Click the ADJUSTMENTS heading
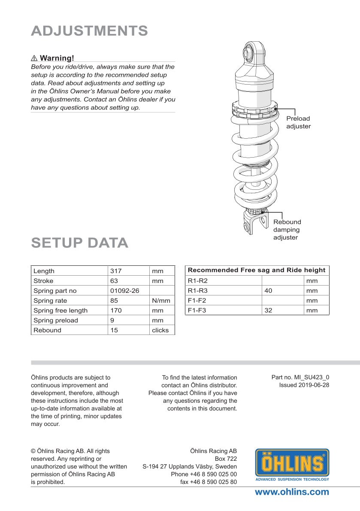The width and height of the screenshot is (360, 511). point(90,31)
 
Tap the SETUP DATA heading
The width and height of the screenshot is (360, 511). point(80,243)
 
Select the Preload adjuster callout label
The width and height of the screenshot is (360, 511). point(298,122)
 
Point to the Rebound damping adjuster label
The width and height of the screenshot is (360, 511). point(287,230)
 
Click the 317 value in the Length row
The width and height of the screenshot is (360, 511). point(116,271)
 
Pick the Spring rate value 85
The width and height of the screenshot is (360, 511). point(115,301)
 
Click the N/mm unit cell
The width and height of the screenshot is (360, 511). point(161,301)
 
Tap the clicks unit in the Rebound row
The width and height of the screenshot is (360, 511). point(160,330)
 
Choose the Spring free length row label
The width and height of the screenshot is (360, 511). point(61,310)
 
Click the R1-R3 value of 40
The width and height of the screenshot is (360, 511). point(268,291)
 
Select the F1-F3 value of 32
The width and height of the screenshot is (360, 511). point(268,310)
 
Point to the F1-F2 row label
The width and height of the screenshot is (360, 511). point(197,301)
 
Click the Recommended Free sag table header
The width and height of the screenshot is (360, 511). point(257,270)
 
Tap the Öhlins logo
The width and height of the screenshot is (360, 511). point(292,464)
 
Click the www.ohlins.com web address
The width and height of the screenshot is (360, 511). point(292,492)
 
